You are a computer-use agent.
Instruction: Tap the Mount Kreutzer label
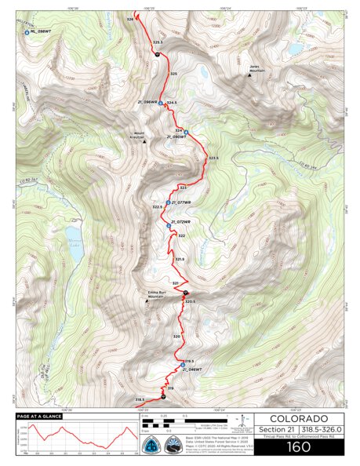coord(136,135)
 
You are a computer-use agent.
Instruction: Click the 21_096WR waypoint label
coord(147,102)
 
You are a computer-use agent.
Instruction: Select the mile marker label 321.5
coord(180,259)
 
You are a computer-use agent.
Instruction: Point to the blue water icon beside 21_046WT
coord(181,363)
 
